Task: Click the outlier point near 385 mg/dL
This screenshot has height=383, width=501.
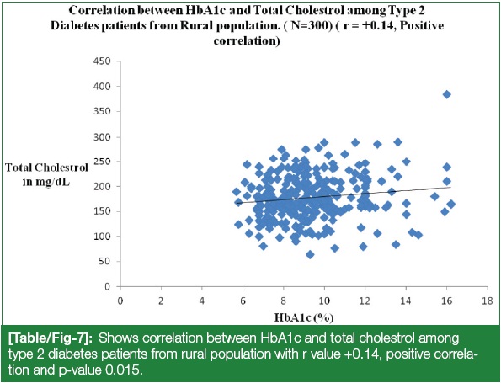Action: (446, 94)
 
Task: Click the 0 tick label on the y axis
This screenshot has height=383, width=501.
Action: (108, 287)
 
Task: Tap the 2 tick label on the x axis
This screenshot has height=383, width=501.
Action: (161, 301)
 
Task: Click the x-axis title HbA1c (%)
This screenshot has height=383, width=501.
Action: (304, 317)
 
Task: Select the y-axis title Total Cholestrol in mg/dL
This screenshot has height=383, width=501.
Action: (46, 175)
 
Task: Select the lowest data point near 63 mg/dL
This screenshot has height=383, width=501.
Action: (310, 254)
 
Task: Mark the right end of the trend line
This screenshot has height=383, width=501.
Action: (450, 187)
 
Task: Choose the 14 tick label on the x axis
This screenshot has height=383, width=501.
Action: (406, 301)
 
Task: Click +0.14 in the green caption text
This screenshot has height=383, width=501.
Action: (360, 354)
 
